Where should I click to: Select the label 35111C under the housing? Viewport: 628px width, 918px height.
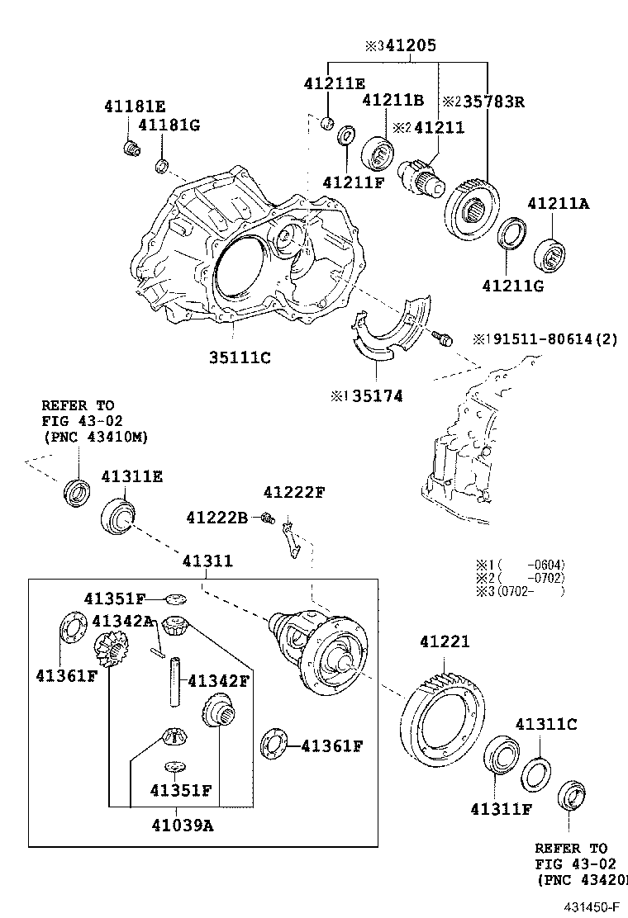240,357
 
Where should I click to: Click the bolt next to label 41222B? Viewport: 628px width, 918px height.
267,518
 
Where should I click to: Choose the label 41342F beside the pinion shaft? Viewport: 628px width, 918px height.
218,681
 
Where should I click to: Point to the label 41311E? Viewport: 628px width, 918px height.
132,477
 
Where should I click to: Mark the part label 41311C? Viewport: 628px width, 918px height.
546,725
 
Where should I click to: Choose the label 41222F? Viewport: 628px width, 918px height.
294,493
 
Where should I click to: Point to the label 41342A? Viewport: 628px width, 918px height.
122,621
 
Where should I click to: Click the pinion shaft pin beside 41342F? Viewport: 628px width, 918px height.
176,681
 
